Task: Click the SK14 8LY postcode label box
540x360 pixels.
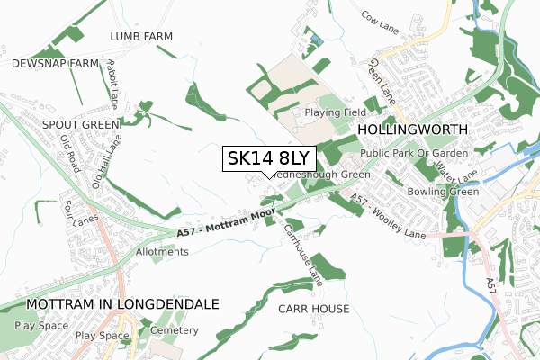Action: click(x=268, y=159)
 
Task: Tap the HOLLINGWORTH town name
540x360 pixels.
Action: click(x=413, y=130)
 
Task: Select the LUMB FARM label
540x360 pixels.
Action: click(x=141, y=36)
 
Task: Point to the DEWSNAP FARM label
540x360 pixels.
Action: click(x=54, y=64)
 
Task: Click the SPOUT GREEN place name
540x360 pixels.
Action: click(x=81, y=124)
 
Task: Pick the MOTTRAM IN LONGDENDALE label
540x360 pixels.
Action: click(x=122, y=304)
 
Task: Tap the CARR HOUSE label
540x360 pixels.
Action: click(x=313, y=309)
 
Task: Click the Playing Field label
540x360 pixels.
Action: click(x=335, y=112)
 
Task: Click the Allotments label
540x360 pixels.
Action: click(x=164, y=252)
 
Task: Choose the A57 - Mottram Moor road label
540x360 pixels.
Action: click(x=226, y=225)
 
